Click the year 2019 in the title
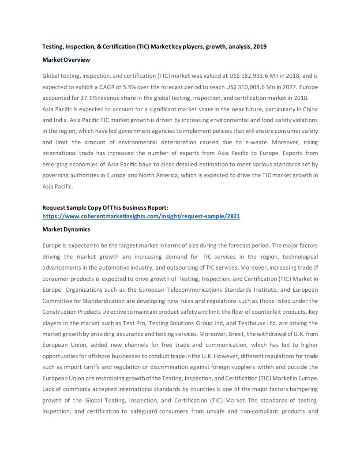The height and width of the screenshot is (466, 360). click(259, 46)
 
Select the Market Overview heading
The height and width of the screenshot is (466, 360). click(66, 60)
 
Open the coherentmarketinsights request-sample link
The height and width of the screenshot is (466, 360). click(141, 217)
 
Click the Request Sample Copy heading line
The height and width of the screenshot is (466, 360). click(105, 207)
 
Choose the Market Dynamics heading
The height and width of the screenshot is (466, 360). click(66, 229)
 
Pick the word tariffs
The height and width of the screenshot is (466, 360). click(86, 367)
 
